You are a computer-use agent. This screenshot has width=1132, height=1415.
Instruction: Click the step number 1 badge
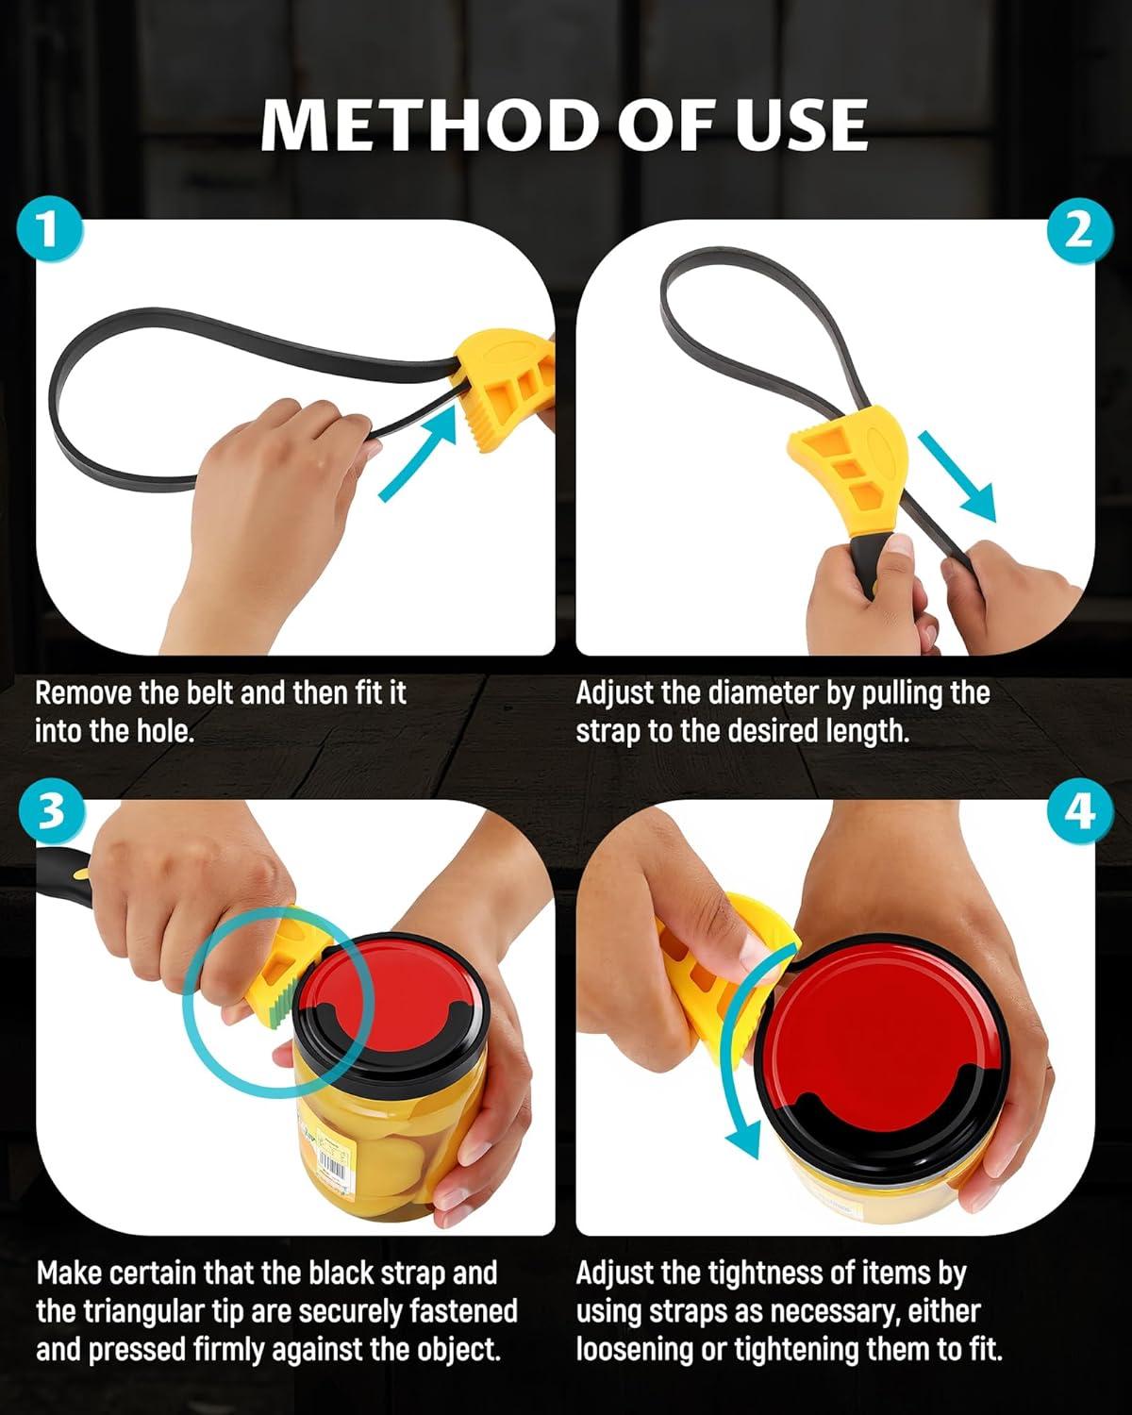coord(49,231)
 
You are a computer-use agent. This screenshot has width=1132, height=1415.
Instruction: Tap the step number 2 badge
coord(1079,231)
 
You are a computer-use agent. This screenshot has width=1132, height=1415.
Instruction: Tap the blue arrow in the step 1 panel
coord(418,453)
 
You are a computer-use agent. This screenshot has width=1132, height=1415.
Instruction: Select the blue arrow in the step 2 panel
coord(957,476)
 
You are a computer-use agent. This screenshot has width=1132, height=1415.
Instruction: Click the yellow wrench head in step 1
coord(507,388)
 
